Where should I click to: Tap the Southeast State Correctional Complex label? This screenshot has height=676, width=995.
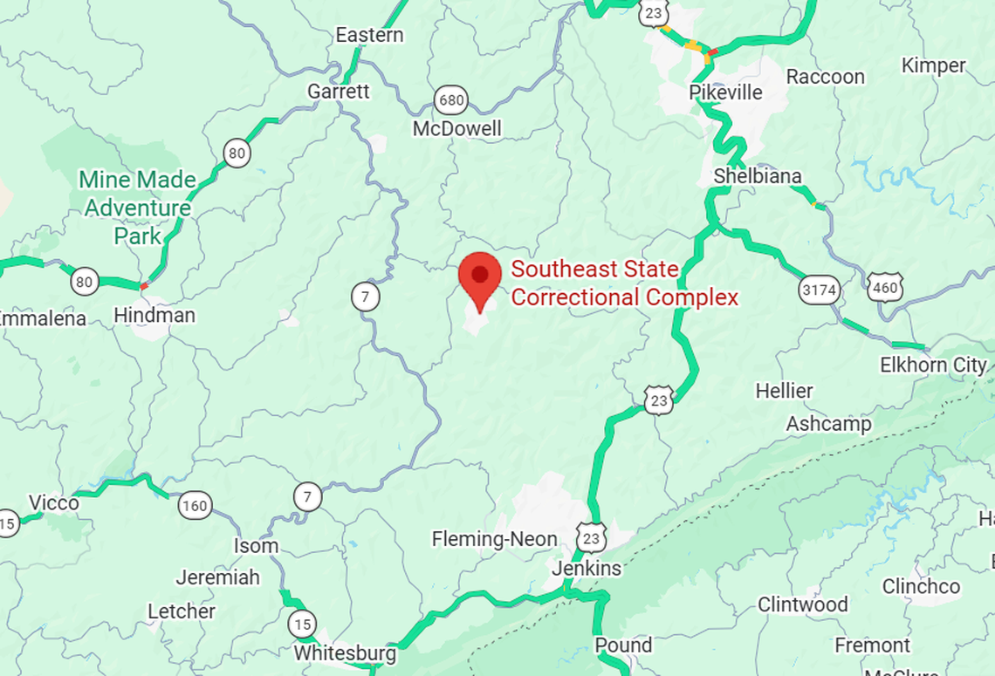(x=624, y=283)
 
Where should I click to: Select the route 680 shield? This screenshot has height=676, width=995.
(x=451, y=100)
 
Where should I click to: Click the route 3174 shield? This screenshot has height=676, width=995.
(x=820, y=290)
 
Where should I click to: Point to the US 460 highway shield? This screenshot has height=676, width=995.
(x=885, y=285)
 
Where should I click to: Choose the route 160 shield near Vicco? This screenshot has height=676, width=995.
(x=195, y=504)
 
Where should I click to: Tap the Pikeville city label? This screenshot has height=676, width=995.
(x=725, y=92)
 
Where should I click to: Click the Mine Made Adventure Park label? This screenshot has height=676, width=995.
(x=137, y=208)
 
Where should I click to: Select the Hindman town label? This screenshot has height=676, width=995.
(x=154, y=315)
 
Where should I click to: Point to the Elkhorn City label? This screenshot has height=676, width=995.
(x=933, y=365)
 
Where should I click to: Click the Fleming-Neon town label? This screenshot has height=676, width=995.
(x=494, y=540)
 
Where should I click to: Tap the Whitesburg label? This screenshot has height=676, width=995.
(x=345, y=652)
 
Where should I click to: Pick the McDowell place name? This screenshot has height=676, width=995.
(x=457, y=129)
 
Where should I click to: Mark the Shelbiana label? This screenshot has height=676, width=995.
(x=757, y=176)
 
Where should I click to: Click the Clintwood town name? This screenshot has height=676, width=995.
(x=802, y=604)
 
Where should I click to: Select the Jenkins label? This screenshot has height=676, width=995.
(x=587, y=569)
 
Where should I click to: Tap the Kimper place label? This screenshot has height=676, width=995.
(x=933, y=65)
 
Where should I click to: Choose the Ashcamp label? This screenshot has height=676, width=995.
(x=828, y=424)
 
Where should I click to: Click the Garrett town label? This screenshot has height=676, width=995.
(x=339, y=92)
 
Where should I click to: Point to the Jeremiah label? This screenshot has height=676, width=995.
(x=217, y=577)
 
